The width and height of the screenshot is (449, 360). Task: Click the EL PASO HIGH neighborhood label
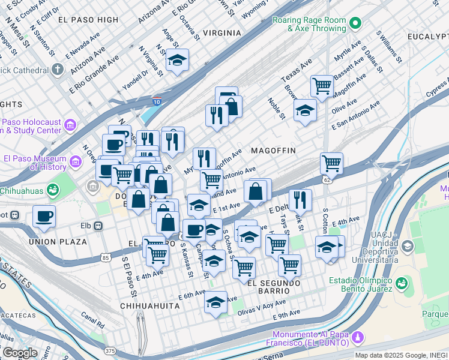click(89, 20)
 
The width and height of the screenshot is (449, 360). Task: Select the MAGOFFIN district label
click(273, 150)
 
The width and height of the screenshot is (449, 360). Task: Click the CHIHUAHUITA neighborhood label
click(150, 305)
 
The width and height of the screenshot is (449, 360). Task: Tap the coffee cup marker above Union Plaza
click(44, 216)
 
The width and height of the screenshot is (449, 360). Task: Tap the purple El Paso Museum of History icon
click(76, 162)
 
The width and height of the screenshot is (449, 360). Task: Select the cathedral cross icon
click(58, 69)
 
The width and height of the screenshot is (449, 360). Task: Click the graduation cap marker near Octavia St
click(178, 61)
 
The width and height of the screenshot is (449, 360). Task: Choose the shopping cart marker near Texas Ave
click(322, 86)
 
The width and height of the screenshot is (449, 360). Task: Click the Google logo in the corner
click(20, 353)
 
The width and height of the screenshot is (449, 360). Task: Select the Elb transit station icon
click(97, 226)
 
